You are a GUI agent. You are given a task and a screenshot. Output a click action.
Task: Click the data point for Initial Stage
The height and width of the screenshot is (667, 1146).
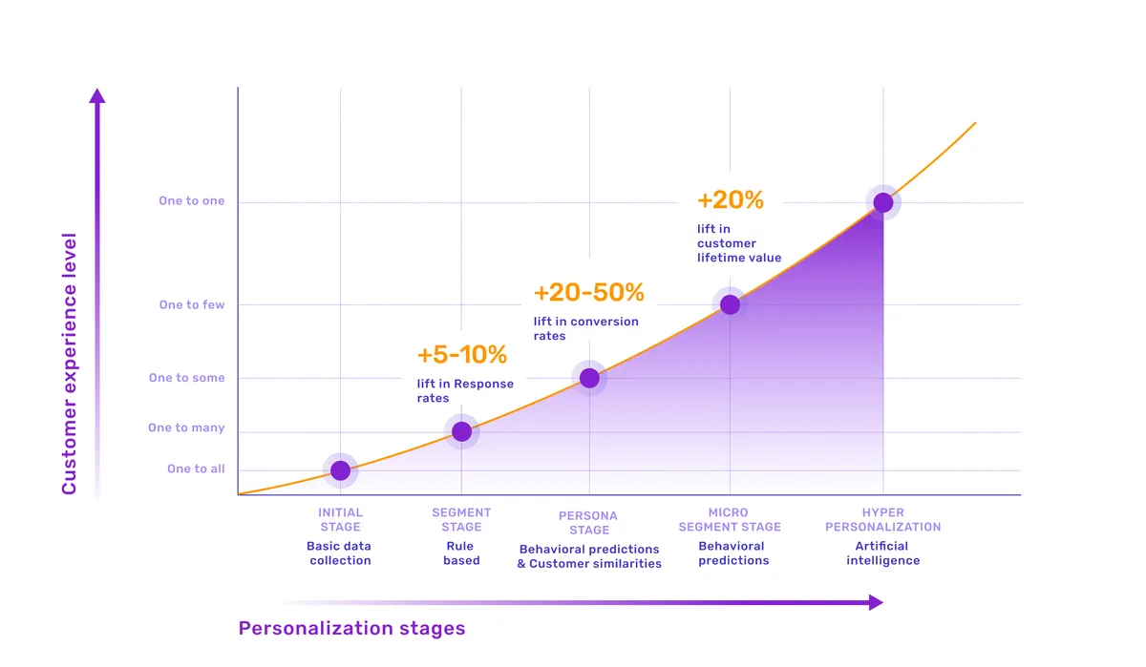pos(340,469)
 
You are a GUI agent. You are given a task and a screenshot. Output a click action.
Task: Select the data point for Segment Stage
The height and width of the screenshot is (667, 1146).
pos(461,431)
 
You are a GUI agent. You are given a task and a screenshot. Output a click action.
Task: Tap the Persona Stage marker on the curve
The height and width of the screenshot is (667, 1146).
pos(589,378)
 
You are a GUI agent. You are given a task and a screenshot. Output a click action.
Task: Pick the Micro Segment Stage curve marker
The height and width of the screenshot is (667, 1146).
pos(730,304)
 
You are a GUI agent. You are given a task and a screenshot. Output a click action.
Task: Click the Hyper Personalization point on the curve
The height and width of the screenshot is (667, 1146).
pos(883,202)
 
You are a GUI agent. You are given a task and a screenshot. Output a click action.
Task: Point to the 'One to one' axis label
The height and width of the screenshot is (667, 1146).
pos(192,201)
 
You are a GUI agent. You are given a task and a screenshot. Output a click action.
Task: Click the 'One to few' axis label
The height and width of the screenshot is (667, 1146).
pos(192,305)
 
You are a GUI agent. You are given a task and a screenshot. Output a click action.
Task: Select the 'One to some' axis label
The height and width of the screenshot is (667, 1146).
pos(187,378)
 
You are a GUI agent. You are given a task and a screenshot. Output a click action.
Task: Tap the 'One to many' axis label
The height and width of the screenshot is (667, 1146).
pos(186,427)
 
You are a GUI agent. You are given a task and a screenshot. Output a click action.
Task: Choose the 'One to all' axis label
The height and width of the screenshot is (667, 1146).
pos(196,469)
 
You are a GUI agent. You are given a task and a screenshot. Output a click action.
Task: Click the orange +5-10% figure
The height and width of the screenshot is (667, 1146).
pos(461,355)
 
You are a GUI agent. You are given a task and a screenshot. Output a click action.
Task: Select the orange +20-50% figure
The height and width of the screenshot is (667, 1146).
pos(588,292)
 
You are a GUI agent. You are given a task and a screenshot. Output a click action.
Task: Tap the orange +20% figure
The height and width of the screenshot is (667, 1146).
pos(731,200)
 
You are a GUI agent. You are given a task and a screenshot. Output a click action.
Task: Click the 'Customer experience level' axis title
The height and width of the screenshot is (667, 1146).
pos(70,364)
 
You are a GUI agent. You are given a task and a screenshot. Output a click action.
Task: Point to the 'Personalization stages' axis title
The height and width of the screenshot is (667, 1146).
pos(351,628)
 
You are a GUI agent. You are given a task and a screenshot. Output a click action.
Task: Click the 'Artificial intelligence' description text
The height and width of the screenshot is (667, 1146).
pos(882,553)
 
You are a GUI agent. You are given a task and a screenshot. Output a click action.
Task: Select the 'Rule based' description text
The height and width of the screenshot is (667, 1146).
pos(461,553)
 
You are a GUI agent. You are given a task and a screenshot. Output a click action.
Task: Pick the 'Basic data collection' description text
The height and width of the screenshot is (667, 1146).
pos(339,553)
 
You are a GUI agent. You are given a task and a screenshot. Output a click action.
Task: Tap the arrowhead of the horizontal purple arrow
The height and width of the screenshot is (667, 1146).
pos(875,602)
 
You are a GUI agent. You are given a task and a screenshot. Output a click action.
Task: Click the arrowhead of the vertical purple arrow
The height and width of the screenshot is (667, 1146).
pos(96,95)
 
